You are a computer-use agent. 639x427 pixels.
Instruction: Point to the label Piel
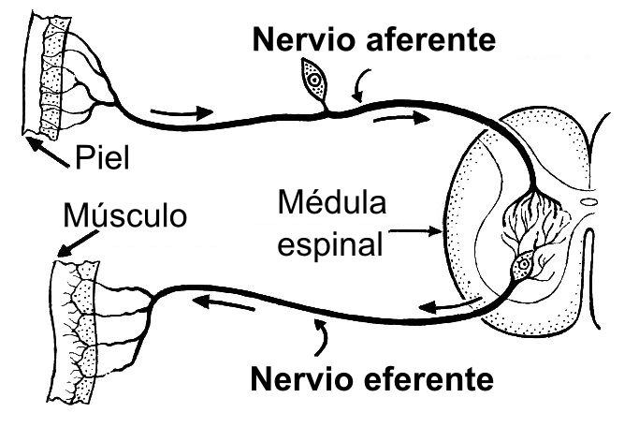(102, 155)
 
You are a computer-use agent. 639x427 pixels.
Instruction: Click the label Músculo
(124, 216)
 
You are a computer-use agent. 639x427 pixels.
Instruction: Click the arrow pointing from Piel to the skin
(48, 152)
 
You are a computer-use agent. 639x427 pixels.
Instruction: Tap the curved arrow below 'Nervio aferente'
(358, 88)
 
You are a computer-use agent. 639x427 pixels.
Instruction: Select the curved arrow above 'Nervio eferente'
(322, 336)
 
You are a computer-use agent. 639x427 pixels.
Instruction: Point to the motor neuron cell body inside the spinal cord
(524, 266)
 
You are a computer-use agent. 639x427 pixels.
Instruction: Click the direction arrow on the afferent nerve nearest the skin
(175, 113)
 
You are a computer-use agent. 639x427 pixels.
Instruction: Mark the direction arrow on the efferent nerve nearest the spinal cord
(450, 305)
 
